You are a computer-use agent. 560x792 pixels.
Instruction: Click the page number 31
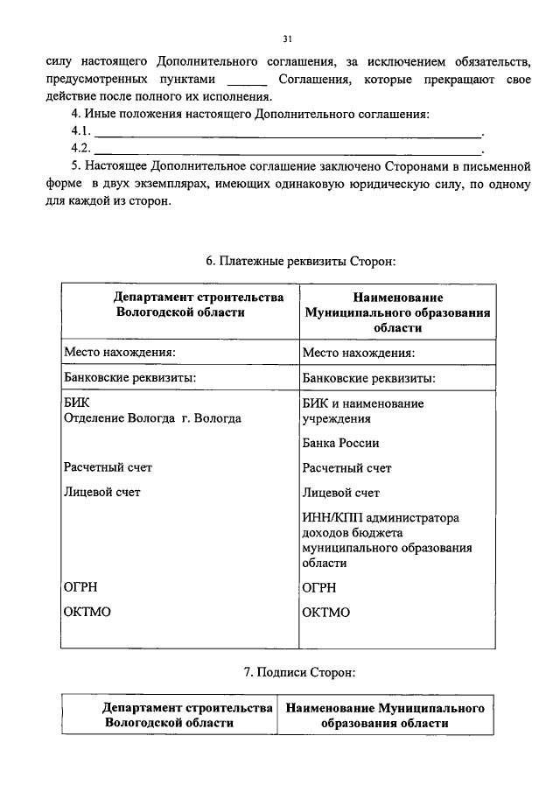(x=287, y=39)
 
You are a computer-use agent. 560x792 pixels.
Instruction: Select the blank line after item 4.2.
(x=288, y=152)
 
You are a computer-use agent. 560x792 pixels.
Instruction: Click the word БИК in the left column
(x=76, y=403)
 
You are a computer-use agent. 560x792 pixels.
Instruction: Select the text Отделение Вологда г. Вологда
(x=152, y=418)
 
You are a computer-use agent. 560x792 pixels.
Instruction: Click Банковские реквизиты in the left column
(x=129, y=378)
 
